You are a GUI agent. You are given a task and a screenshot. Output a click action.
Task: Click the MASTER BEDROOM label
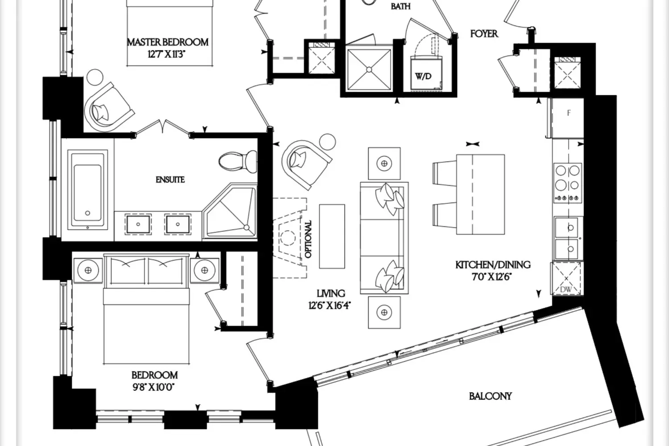coord(168,42)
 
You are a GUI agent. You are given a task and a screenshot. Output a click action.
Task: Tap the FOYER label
coord(484,34)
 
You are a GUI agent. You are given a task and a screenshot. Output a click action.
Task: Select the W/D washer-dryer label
coord(424,76)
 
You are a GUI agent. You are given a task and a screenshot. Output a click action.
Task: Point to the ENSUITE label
coord(170,180)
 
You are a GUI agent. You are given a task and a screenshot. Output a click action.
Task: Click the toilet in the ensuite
coord(238,161)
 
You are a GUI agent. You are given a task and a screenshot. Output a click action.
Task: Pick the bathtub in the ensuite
coord(87,190)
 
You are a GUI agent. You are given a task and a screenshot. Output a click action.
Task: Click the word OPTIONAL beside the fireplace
coord(308,239)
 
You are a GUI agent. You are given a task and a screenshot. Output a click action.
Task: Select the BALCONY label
coord(491,396)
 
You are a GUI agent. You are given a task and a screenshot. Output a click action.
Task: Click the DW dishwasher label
coord(566,289)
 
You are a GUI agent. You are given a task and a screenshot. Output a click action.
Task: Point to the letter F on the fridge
coord(569,113)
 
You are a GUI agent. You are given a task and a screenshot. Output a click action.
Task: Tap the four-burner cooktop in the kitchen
coord(568,183)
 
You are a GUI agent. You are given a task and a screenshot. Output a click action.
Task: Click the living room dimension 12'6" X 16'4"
coord(330,306)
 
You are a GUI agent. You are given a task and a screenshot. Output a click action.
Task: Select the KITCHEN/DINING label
coord(493,264)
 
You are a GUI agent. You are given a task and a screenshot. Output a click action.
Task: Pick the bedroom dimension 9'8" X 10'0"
coord(153,388)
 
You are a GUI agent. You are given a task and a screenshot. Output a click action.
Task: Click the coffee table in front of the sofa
coord(332,236)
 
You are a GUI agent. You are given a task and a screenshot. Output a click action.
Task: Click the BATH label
coord(401,6)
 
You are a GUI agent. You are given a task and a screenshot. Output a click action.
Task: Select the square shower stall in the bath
coord(369,69)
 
